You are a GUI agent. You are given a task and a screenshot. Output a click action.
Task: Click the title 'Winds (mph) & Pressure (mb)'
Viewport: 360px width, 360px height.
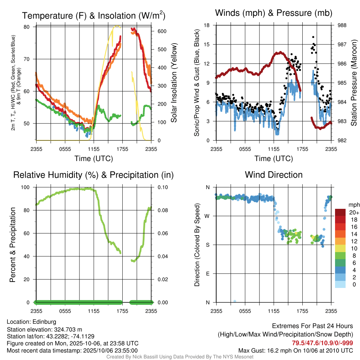point(274,13)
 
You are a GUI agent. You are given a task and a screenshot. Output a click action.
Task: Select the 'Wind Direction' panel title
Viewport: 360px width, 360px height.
point(274,175)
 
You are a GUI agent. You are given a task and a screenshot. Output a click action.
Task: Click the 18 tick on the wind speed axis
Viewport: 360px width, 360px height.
point(207,25)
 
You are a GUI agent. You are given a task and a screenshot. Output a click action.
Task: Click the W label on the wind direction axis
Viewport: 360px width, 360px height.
point(208,216)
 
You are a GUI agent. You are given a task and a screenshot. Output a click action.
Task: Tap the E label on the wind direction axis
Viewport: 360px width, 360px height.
point(208,274)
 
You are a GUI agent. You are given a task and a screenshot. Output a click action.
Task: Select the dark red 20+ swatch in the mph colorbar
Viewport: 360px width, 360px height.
point(340,212)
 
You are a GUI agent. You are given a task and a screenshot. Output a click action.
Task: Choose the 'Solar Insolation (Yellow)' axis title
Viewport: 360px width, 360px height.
point(174,83)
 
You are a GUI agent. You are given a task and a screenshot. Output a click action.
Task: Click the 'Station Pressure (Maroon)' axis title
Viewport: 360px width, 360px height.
point(354,83)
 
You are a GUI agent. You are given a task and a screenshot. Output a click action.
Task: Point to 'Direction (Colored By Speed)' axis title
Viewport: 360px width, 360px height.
point(197,245)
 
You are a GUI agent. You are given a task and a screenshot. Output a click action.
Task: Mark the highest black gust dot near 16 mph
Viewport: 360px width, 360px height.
point(313,37)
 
